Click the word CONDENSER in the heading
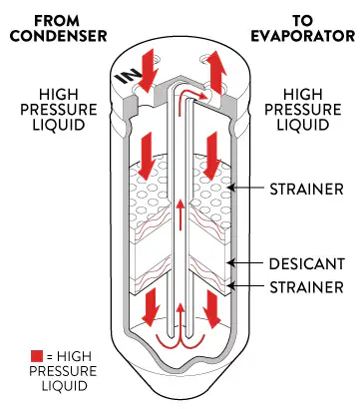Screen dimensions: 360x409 [x=58, y=36]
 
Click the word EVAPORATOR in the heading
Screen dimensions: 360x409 [x=303, y=36]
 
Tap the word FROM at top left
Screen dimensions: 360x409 [x=57, y=21]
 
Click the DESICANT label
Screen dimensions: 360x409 [x=306, y=263]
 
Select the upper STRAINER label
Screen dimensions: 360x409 [x=306, y=190]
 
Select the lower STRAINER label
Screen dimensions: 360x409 [x=306, y=287]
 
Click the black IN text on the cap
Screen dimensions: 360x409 [x=125, y=76]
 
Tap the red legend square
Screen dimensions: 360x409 [x=37, y=356]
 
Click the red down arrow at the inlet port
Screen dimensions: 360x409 [x=147, y=71]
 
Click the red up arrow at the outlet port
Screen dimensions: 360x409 [x=216, y=72]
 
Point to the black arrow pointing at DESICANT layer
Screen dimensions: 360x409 [x=247, y=263]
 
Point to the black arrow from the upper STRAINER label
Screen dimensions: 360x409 [x=247, y=188]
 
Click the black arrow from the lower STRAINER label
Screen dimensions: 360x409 [x=247, y=285]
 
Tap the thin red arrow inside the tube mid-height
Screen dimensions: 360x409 [x=180, y=214]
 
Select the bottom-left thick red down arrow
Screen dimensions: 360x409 [x=152, y=307]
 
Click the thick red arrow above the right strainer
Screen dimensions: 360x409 [x=212, y=157]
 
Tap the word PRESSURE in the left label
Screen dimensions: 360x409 [x=59, y=110]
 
